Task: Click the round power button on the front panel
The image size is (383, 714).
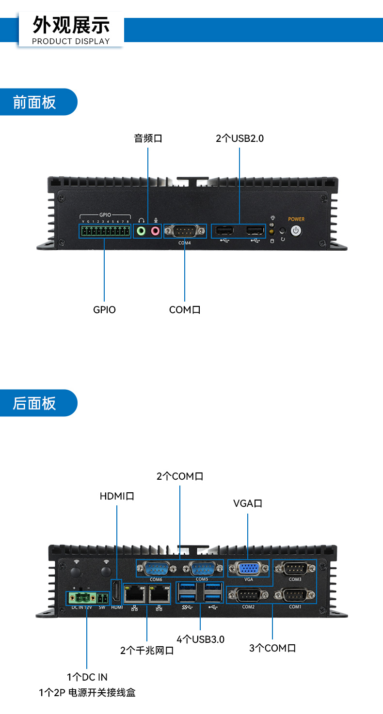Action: click(296, 231)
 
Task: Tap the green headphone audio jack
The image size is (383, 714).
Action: click(141, 231)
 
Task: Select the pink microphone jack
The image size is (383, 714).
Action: click(155, 231)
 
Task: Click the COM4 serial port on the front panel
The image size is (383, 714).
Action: click(185, 231)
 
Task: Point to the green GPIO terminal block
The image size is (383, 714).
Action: click(105, 231)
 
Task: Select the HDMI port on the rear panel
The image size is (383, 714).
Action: click(116, 592)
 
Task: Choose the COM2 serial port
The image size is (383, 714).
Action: click(248, 594)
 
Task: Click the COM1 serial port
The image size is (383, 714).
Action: click(295, 594)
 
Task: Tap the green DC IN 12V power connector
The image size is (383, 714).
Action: click(80, 597)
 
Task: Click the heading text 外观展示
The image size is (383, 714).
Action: click(71, 24)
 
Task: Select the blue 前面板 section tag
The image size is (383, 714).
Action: click(35, 102)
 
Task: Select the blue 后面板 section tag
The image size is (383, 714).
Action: click(35, 403)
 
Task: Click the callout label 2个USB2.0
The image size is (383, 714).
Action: click(239, 138)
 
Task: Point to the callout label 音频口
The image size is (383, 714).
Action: click(148, 138)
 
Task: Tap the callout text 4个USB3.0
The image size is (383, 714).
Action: click(200, 639)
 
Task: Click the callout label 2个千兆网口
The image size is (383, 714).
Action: click(147, 651)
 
